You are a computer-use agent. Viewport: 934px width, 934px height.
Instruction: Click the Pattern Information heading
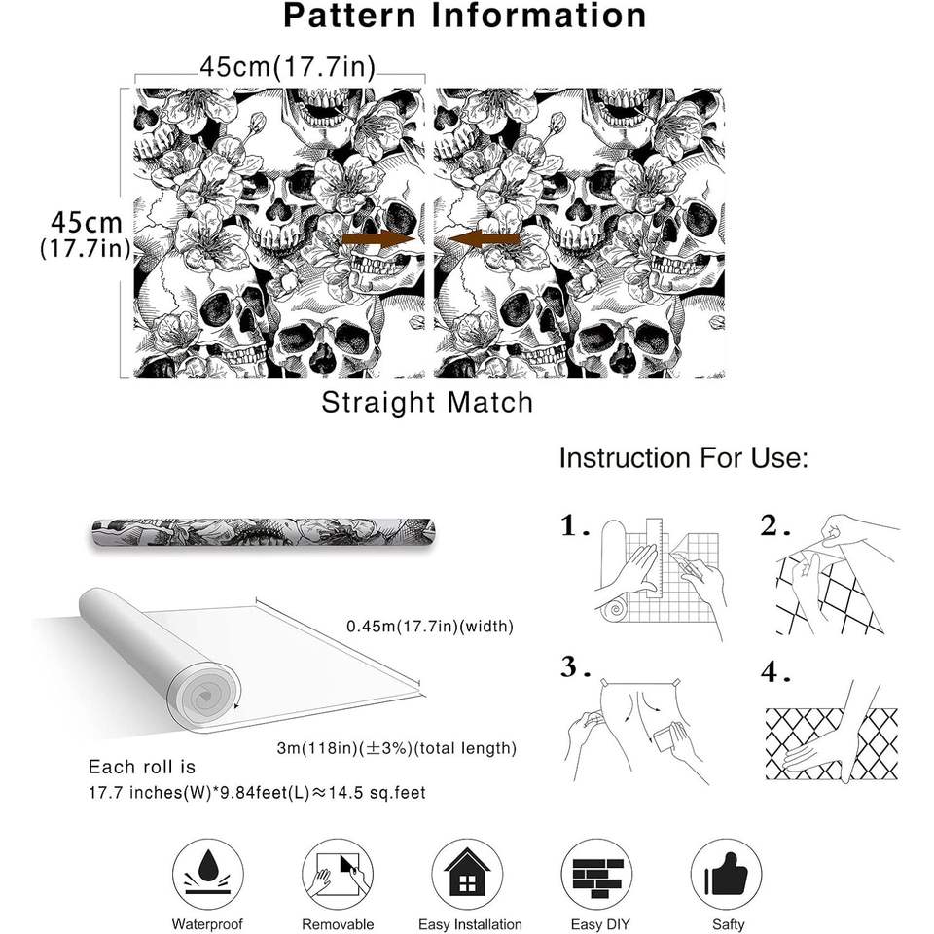point(465,17)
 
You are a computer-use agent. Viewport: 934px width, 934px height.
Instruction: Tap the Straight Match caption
point(427,402)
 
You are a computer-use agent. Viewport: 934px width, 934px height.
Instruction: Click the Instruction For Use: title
point(683,458)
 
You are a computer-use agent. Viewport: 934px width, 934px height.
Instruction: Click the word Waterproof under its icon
point(207,924)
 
